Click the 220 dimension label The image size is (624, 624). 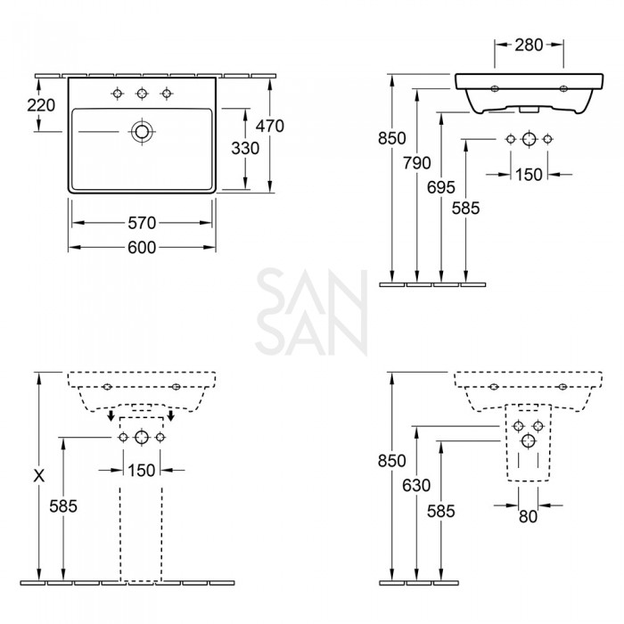coord(41,105)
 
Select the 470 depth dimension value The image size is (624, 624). coord(269,127)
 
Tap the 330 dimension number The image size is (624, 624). coord(245,149)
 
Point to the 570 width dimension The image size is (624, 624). coord(142,222)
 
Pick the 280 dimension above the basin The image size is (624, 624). coord(529,44)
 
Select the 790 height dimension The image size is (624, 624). coord(416,163)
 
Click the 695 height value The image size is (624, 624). coord(441,187)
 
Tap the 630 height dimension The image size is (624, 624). coord(415,486)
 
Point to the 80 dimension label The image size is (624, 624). coord(528,516)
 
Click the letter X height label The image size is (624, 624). coord(38,476)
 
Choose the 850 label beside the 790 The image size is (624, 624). coord(391,138)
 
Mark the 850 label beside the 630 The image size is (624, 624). coord(391,461)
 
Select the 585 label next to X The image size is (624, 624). coord(63,506)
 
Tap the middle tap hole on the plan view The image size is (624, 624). coord(141,94)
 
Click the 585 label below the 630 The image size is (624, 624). coord(440,511)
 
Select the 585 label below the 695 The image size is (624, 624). coord(465,209)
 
